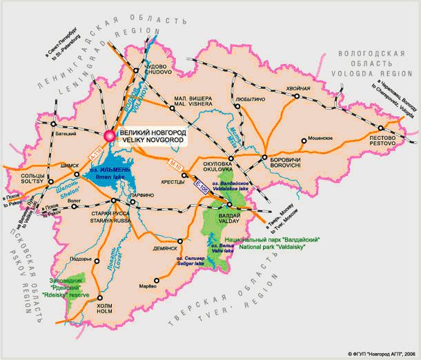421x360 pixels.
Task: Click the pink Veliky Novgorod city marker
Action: [109, 136]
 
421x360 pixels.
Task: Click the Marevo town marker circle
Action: [157, 280]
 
